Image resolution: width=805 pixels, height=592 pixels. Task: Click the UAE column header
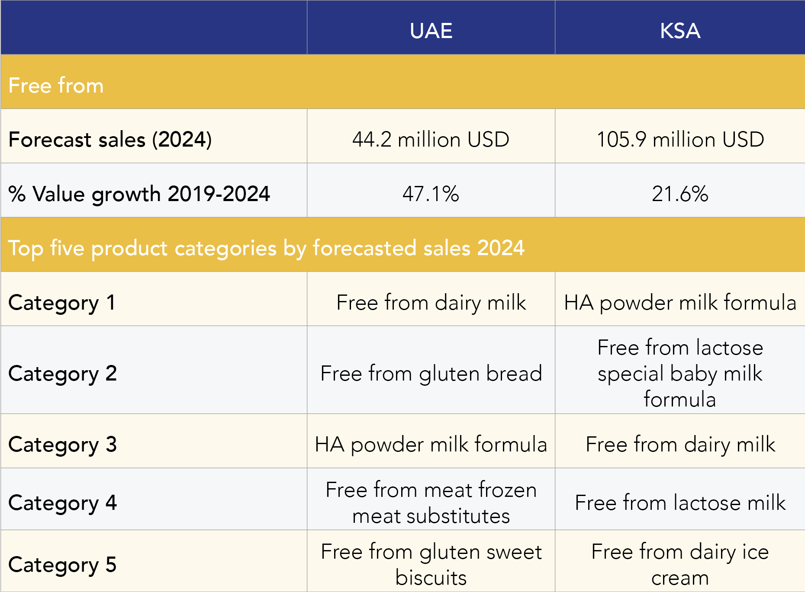click(x=431, y=31)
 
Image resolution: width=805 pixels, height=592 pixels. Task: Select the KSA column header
click(x=680, y=31)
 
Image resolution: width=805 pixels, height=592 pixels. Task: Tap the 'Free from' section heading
click(x=56, y=85)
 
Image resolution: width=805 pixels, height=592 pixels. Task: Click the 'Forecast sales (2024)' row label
click(x=110, y=140)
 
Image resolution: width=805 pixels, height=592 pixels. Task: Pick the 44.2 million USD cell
click(x=431, y=140)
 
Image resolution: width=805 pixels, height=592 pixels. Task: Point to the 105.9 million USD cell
click(x=680, y=140)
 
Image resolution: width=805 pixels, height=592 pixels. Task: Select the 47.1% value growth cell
click(x=431, y=194)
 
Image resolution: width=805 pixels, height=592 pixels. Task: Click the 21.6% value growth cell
click(x=680, y=194)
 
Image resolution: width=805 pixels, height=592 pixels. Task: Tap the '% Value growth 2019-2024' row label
click(x=139, y=194)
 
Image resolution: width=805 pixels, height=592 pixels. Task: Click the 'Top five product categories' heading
click(x=266, y=248)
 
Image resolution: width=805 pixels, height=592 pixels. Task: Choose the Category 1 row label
click(x=62, y=302)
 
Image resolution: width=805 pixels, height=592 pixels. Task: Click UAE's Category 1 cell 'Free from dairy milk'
click(x=431, y=302)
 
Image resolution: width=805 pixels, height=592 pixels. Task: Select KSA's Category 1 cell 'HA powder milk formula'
click(x=680, y=302)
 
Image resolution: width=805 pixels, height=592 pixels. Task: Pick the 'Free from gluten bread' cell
click(x=431, y=373)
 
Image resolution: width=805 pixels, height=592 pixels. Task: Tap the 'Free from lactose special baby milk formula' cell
click(x=680, y=373)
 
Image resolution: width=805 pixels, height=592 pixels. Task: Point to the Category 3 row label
click(x=62, y=444)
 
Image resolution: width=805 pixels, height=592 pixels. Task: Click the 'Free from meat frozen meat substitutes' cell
click(x=431, y=502)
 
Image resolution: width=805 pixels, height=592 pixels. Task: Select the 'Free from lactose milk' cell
click(x=680, y=502)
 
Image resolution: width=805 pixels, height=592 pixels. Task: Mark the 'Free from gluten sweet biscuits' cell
click(x=431, y=564)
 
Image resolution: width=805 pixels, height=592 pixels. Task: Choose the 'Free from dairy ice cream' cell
click(x=680, y=564)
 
